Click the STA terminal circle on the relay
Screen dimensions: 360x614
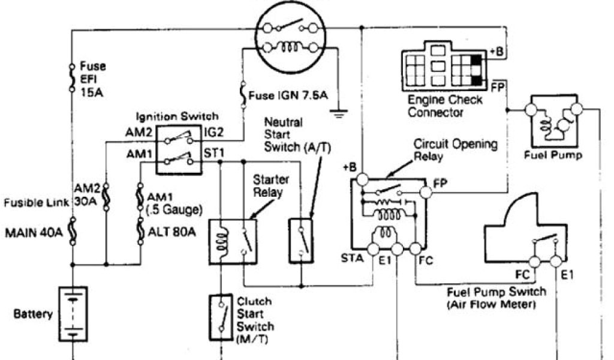tap(374, 249)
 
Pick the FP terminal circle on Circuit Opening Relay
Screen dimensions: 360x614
tap(426, 193)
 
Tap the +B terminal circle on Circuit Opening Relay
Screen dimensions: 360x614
tap(362, 179)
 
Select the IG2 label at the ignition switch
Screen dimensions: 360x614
tap(215, 133)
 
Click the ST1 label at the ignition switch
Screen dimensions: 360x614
tap(215, 154)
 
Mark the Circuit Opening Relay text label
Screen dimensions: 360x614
tap(456, 150)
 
